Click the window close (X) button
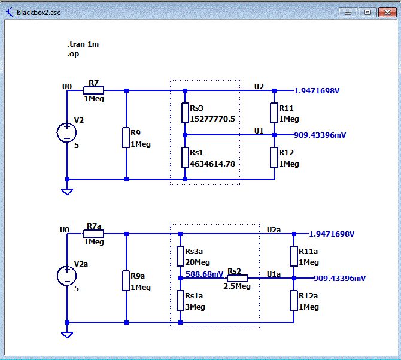387,13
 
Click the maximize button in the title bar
367,13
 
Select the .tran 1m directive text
83,44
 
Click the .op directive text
73,54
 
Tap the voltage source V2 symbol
67,132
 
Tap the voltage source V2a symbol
67,276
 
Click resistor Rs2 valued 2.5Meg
237,278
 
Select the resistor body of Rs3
185,113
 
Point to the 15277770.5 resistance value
212,119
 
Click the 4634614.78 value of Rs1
212,164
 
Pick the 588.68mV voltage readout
204,274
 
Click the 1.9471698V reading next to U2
317,91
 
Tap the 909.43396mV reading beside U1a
339,278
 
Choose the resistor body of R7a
93,234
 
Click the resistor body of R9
126,137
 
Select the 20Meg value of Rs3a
198,262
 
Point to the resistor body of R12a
294,300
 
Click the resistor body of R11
274,113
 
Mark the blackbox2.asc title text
39,13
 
